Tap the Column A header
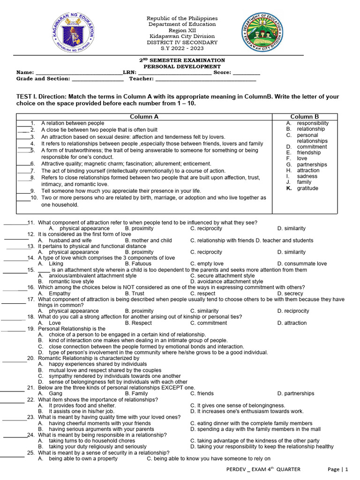click(144, 117)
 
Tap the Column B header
click(304, 117)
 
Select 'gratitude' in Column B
click(307, 188)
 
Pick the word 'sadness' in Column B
click(307, 176)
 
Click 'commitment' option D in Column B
click(312, 147)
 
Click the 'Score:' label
click(222, 73)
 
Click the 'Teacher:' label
click(142, 79)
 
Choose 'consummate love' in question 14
click(302, 264)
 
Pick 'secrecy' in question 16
click(293, 293)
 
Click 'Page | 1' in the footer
click(338, 469)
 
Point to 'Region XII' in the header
click(182, 30)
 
